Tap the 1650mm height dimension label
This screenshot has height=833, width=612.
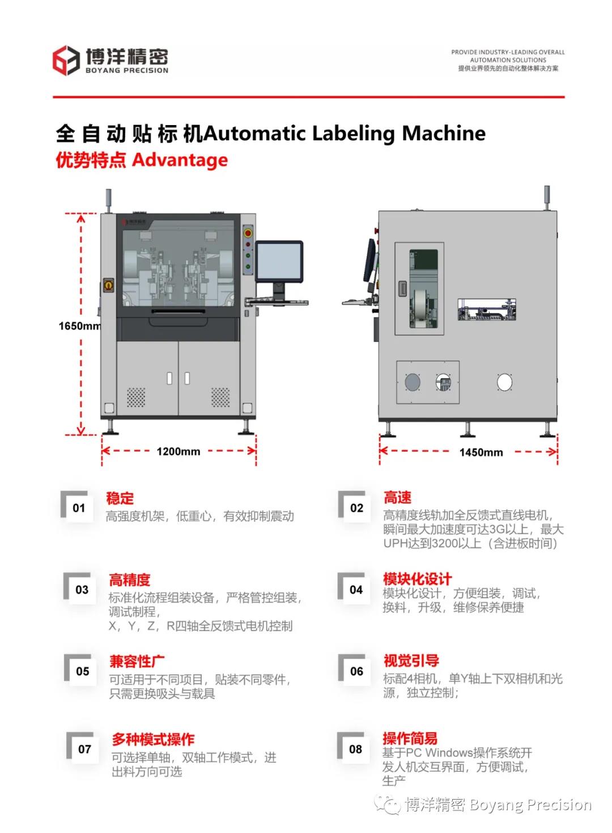(x=79, y=326)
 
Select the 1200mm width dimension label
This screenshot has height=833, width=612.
(x=178, y=452)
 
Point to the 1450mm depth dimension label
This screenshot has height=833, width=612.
(x=481, y=452)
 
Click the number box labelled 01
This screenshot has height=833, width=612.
(x=79, y=508)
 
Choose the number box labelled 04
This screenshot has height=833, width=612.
(x=356, y=590)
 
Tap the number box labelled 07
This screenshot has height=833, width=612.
(x=84, y=749)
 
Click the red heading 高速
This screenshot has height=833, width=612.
(x=397, y=498)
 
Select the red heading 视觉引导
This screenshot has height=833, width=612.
(x=411, y=660)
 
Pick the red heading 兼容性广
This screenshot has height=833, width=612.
(x=137, y=662)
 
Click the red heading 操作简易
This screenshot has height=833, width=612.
(x=410, y=738)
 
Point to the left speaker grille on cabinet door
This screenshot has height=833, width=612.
(x=135, y=397)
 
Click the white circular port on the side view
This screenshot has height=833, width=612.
(x=504, y=383)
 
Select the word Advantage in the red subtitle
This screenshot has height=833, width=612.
(x=180, y=160)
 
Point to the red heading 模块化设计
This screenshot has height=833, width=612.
(x=417, y=579)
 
